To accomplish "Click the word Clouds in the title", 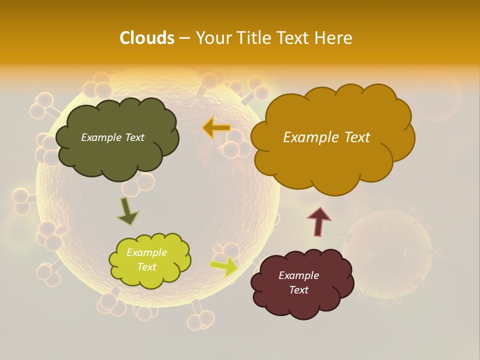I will (x=146, y=38).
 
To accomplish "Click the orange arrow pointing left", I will (x=216, y=128).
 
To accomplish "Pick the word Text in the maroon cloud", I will (x=298, y=290).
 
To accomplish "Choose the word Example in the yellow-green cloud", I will (x=146, y=252).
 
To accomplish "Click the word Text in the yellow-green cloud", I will (x=146, y=267).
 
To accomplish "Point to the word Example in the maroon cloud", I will (x=298, y=275).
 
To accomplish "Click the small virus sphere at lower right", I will (x=387, y=255).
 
